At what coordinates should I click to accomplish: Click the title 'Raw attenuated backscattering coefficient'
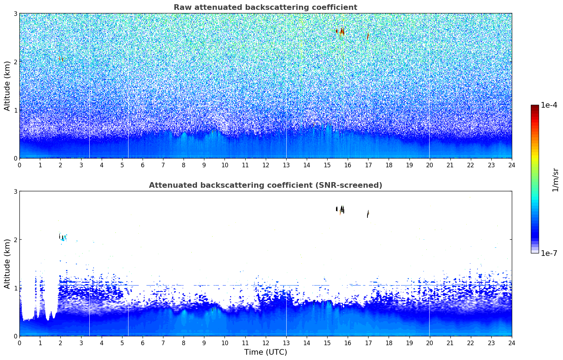point(265,7)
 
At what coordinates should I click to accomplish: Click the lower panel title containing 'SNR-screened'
point(265,185)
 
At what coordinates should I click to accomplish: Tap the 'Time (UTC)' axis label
point(265,352)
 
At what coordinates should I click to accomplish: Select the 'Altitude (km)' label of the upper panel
point(7,86)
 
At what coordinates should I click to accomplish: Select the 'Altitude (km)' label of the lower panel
point(7,264)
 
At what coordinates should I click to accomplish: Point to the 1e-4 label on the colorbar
point(549,105)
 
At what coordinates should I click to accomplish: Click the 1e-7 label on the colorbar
point(549,253)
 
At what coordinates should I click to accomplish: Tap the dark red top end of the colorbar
point(535,106)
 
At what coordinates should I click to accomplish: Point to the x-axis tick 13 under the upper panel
point(286,165)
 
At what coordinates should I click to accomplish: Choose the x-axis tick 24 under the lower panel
point(512,343)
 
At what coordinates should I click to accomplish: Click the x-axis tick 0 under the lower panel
point(20,343)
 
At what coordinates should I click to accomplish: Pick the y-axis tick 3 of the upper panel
point(15,13)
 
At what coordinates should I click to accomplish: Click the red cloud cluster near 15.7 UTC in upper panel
point(341,32)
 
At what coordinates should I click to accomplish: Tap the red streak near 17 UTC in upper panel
point(368,36)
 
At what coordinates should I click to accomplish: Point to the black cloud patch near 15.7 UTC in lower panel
point(341,210)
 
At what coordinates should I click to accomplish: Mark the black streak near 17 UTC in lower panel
point(368,214)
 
